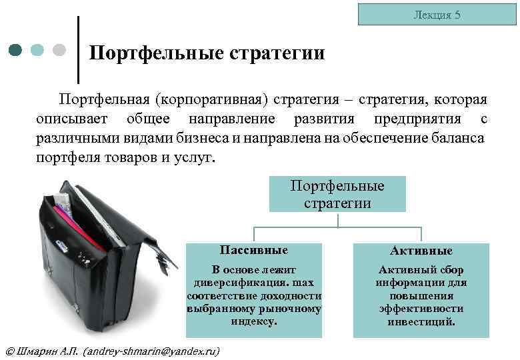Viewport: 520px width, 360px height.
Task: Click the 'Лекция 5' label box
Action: (x=437, y=14)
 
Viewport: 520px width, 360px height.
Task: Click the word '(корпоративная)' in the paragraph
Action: (x=212, y=100)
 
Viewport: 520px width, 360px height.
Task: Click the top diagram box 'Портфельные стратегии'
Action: (x=337, y=194)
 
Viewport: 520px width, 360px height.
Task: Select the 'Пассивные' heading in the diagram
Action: (x=254, y=251)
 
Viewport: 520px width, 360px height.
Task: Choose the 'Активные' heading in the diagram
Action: (x=421, y=251)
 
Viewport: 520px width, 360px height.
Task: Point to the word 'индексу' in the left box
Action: (x=254, y=321)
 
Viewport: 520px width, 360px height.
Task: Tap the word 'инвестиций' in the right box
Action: (x=421, y=321)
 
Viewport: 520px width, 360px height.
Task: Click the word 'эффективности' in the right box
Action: (x=421, y=309)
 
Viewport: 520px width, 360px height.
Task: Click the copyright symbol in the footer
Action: (x=9, y=351)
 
